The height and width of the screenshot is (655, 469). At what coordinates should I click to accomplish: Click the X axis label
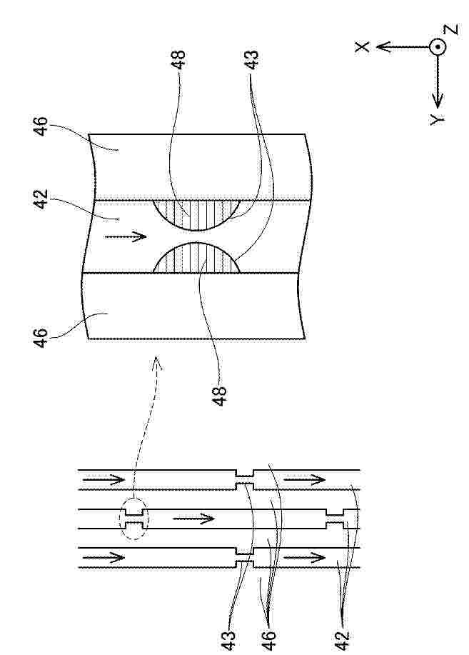[x=362, y=46]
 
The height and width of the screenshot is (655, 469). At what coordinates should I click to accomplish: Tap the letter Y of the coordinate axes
[x=438, y=119]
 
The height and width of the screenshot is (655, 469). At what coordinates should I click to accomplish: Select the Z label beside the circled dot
[x=451, y=29]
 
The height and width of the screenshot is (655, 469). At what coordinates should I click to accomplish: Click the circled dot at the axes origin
[x=438, y=47]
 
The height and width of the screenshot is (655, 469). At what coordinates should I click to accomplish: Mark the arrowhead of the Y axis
[x=438, y=100]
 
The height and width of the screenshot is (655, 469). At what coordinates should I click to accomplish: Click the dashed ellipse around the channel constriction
[x=133, y=519]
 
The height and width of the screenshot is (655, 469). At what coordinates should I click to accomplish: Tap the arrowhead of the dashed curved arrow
[x=156, y=364]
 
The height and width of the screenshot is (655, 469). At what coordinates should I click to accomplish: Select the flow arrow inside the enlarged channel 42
[x=126, y=237]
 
